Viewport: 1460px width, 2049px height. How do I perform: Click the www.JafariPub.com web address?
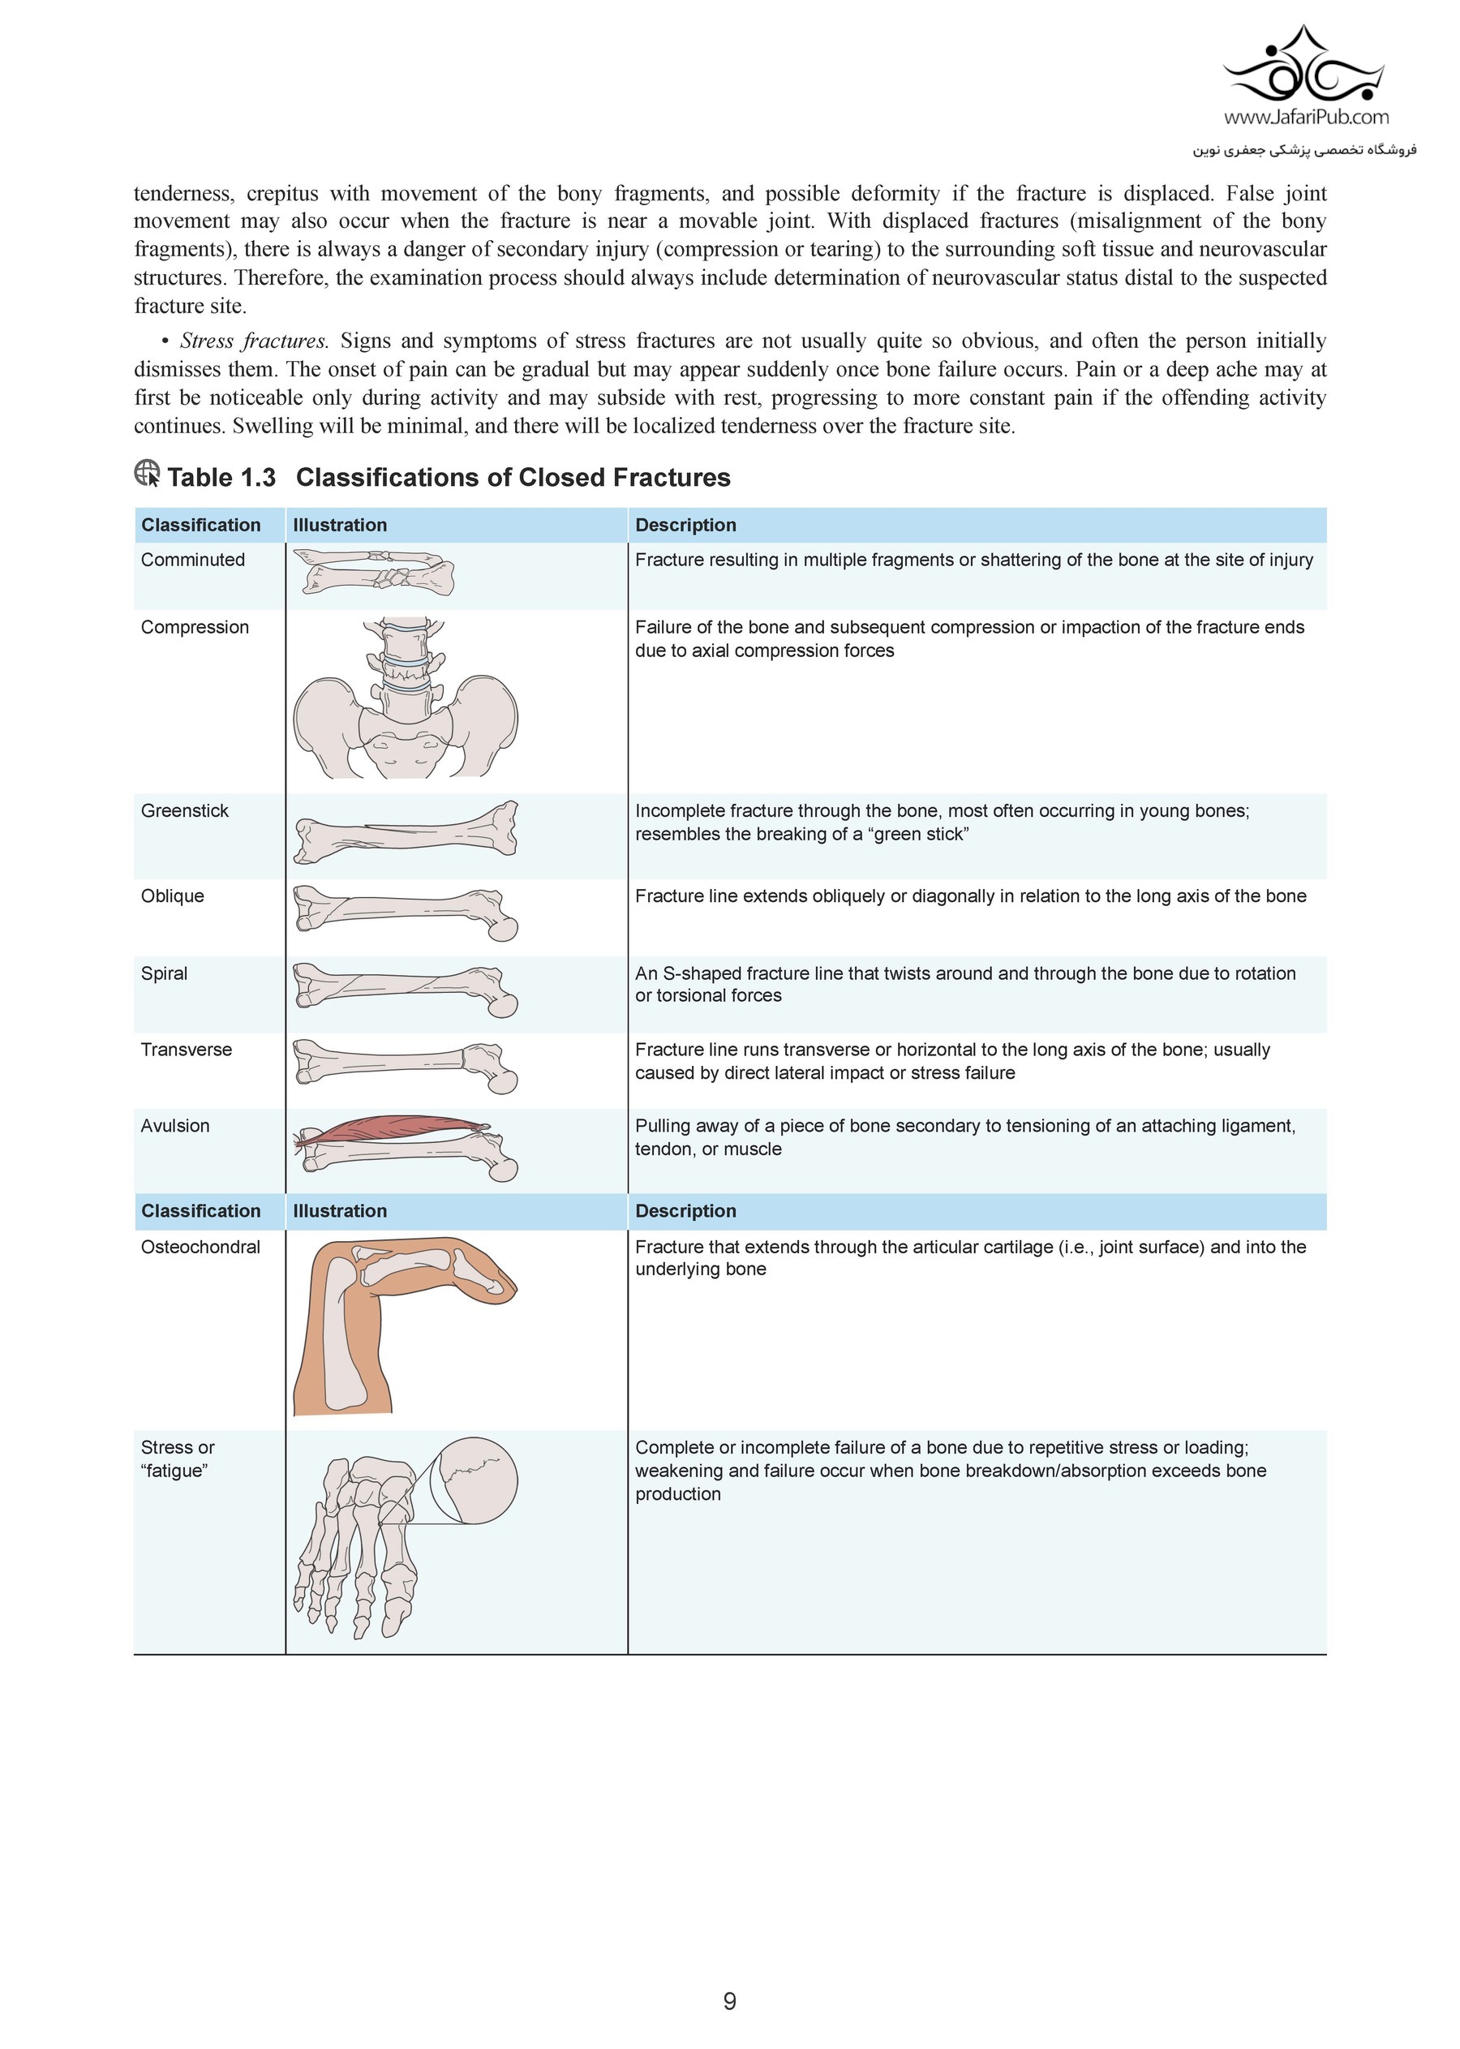pos(1305,117)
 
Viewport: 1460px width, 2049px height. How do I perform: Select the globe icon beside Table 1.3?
pos(148,474)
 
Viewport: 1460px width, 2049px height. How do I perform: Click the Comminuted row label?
pos(192,561)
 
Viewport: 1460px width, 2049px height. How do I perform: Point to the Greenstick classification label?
pos(184,811)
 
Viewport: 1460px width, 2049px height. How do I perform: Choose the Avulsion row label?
pos(174,1126)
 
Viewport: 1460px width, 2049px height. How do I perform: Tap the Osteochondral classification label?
pos(200,1247)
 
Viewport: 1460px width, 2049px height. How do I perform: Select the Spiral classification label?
pos(164,973)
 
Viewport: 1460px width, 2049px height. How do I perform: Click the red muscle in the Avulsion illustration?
pos(396,1128)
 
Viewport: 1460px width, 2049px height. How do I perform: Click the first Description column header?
pos(685,525)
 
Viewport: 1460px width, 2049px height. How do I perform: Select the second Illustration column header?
pos(340,1211)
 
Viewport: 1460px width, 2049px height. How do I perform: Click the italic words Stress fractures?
pos(255,341)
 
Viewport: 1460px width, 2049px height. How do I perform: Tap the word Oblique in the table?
pos(172,896)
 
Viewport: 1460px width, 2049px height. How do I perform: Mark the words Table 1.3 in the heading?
pos(221,478)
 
